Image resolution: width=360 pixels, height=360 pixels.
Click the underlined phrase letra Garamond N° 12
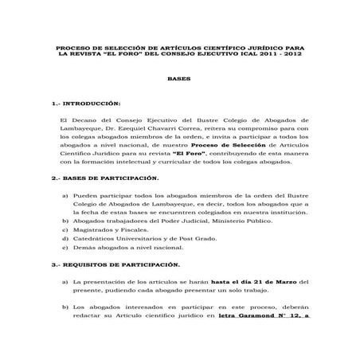[259, 315]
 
